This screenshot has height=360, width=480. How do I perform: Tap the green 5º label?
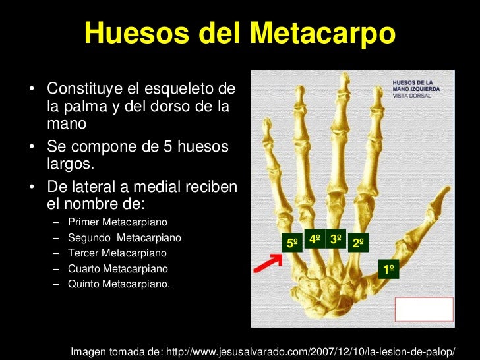(x=292, y=243)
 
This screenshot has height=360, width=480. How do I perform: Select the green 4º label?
(x=315, y=239)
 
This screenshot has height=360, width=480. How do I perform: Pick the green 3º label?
(x=336, y=239)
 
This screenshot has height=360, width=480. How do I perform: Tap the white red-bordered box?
(x=424, y=309)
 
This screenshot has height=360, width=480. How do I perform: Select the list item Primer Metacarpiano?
(x=117, y=222)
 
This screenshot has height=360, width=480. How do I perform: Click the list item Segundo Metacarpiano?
(x=124, y=237)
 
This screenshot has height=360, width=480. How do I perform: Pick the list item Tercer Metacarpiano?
(x=117, y=253)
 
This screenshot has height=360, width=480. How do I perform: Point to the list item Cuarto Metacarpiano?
(x=117, y=269)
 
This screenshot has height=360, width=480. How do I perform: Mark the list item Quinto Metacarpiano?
(x=119, y=285)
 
